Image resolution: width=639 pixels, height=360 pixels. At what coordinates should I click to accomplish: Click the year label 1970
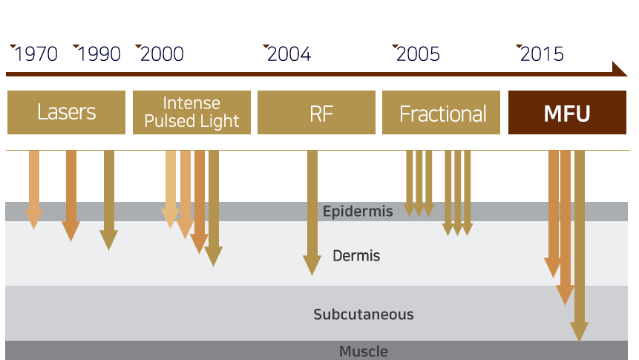(36, 54)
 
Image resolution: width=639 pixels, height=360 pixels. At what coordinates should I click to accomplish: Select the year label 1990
(99, 54)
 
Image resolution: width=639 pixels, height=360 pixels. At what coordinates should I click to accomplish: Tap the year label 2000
(162, 54)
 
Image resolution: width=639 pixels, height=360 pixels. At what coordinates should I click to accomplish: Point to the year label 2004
(289, 54)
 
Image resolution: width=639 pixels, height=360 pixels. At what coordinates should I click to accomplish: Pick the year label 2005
(418, 54)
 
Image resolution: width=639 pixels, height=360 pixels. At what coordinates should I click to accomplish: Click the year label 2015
(542, 54)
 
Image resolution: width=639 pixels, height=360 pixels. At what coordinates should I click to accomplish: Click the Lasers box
(67, 113)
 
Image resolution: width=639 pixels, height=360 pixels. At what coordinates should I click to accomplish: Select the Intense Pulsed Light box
(191, 113)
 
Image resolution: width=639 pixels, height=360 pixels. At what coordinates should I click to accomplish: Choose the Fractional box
(442, 113)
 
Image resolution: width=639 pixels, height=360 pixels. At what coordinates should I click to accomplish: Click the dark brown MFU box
(567, 113)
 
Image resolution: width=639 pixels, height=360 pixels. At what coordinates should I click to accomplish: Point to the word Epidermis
(358, 212)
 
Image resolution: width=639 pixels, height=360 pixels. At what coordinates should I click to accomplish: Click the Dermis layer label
(356, 256)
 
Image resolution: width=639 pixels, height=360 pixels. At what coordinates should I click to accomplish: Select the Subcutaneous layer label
(363, 314)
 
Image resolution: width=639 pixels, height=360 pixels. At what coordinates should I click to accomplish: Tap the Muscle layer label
(364, 351)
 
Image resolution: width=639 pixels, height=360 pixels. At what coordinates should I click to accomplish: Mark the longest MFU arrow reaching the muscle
(580, 245)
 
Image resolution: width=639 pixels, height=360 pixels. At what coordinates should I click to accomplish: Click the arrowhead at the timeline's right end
(620, 69)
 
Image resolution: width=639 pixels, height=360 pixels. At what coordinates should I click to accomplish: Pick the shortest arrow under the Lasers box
(33, 189)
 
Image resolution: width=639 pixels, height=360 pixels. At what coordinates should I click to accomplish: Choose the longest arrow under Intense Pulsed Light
(214, 208)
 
